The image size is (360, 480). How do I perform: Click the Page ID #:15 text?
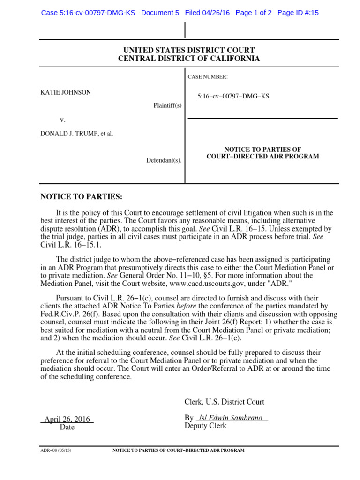298,13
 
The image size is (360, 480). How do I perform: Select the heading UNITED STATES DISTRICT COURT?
189,50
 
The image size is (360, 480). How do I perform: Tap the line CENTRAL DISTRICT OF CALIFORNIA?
189,59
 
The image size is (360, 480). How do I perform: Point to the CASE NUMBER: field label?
208,76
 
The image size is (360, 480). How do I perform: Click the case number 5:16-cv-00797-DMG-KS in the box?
233,97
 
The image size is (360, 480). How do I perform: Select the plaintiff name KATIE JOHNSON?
66,92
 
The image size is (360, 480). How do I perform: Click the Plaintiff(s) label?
167,105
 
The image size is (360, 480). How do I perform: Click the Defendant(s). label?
164,160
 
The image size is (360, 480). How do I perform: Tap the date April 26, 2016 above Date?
67,419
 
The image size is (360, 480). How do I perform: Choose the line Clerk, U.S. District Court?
225,402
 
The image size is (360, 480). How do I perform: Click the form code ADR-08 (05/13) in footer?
56,450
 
